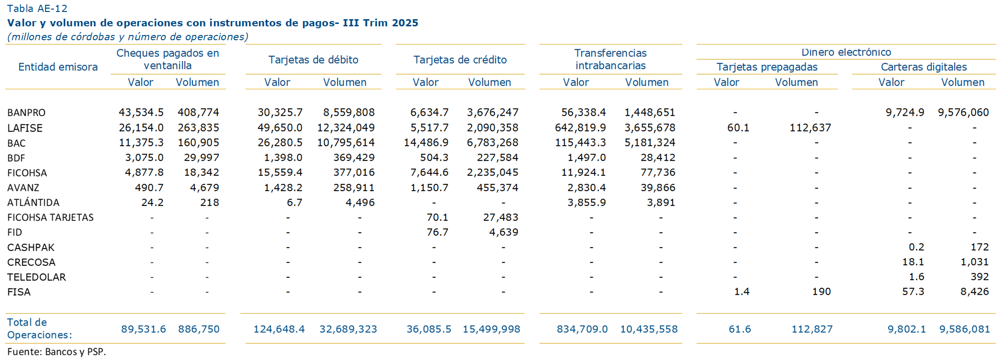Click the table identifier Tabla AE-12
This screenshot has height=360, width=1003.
click(37, 9)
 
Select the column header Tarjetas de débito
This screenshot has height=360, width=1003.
click(313, 60)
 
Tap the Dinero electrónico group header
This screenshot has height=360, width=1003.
click(846, 52)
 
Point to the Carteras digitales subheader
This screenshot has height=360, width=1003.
click(924, 67)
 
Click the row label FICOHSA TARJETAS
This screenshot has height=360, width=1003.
click(50, 217)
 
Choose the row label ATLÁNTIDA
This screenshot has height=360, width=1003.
click(33, 202)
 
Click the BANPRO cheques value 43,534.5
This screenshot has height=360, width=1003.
click(141, 112)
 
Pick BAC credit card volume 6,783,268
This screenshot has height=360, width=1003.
click(492, 143)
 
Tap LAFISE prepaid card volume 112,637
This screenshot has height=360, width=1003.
click(810, 128)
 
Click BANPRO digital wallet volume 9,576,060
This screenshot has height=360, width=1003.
click(963, 112)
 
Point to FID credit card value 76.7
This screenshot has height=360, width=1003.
click(437, 232)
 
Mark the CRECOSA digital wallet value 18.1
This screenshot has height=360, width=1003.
click(913, 262)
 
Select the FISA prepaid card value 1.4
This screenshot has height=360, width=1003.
click(742, 292)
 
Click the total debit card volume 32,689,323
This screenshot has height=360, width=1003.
click(348, 329)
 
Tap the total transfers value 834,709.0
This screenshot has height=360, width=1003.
click(582, 329)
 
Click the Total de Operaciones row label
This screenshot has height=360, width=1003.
click(39, 328)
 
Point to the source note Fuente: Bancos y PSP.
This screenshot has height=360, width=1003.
click(56, 352)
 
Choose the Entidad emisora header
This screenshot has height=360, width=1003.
click(58, 67)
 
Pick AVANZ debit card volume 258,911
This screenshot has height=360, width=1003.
click(354, 188)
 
